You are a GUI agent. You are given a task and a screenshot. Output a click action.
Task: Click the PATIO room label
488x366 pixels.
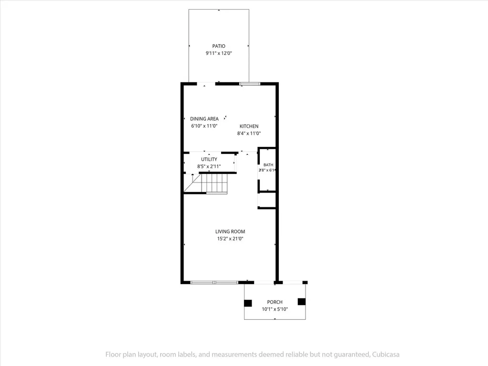pos(219,46)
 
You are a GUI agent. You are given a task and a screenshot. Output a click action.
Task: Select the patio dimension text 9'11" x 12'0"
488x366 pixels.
pos(219,53)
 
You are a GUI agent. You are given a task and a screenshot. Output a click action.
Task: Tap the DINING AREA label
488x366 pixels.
pos(204,119)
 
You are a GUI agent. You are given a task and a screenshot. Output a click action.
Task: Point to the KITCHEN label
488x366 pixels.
pos(249,126)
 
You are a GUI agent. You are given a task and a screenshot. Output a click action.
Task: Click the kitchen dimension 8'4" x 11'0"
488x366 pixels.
pos(249,133)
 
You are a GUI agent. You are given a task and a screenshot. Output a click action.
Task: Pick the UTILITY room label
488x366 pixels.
pos(209,159)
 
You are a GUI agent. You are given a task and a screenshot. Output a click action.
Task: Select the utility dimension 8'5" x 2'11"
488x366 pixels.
pos(209,166)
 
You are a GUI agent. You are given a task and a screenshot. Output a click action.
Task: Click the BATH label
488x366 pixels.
pos(268,164)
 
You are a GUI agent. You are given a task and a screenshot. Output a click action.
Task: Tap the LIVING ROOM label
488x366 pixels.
pos(230,231)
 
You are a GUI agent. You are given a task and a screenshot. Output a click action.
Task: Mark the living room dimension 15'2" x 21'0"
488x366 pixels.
pos(230,239)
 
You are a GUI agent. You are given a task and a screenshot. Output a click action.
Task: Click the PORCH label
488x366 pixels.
pos(275,302)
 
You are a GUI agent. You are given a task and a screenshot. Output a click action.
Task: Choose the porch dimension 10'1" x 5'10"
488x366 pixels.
pos(275,309)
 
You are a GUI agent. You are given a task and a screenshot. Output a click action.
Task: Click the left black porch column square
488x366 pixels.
pos(248,303)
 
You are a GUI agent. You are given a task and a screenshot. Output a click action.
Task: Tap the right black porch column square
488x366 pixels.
pos(302,302)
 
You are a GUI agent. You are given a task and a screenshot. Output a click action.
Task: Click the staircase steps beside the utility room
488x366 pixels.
pos(214,183)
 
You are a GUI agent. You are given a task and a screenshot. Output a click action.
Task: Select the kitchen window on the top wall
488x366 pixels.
pos(250,83)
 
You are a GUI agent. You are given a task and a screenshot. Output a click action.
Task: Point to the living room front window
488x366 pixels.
pos(214,283)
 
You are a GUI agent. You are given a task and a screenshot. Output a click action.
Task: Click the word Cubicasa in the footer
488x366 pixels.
pos(386,354)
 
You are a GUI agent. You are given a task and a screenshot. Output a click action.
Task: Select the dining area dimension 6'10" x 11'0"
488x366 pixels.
pos(204,126)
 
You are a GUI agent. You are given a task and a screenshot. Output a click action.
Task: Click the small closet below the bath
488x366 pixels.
pos(267,200)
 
